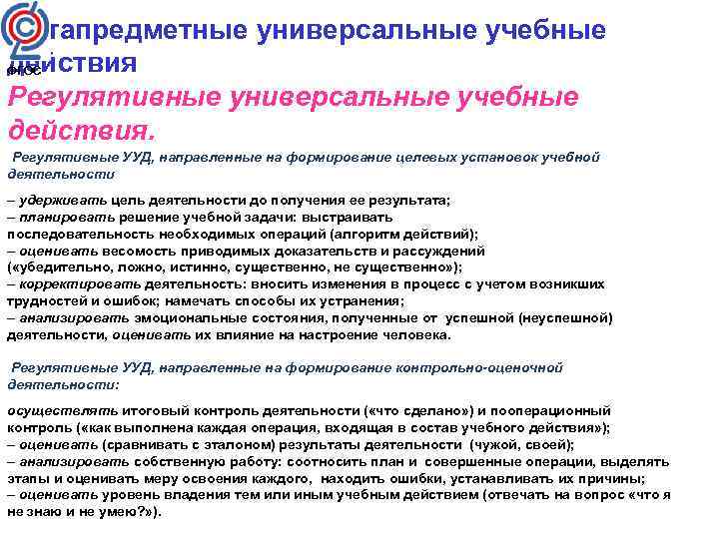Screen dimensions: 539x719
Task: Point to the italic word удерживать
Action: coord(63,200)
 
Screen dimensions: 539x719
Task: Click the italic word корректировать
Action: coord(77,283)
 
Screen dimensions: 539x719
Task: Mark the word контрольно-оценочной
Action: coord(479,367)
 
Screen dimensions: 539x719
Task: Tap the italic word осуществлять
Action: coord(63,410)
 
